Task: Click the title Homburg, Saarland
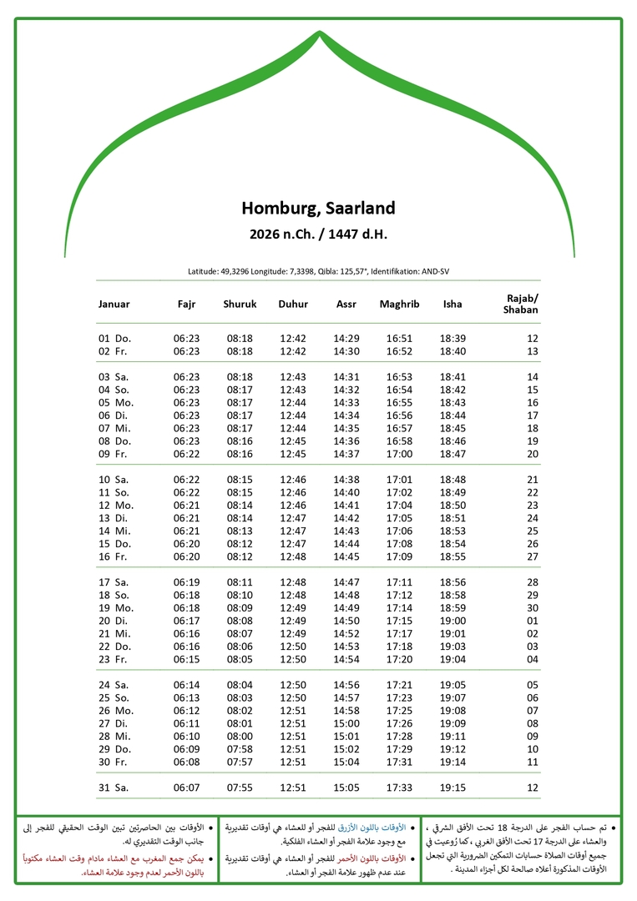click(x=318, y=208)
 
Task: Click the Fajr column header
click(x=186, y=305)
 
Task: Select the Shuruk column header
click(x=240, y=305)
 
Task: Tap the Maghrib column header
click(x=399, y=305)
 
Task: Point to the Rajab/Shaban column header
click(x=521, y=305)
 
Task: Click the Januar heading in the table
click(x=114, y=305)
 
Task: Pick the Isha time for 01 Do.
click(x=452, y=339)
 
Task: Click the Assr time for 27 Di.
click(x=346, y=724)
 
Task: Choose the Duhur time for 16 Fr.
click(x=293, y=556)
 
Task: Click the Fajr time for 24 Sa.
click(x=186, y=685)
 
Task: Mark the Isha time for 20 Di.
click(x=452, y=621)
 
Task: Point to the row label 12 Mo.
click(x=116, y=506)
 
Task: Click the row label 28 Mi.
click(x=116, y=737)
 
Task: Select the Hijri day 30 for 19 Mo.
click(x=533, y=608)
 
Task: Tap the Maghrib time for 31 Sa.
click(x=399, y=788)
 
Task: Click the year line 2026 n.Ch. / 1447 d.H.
click(x=318, y=234)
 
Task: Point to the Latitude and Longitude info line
click(x=318, y=272)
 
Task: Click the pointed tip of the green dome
click(x=319, y=33)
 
